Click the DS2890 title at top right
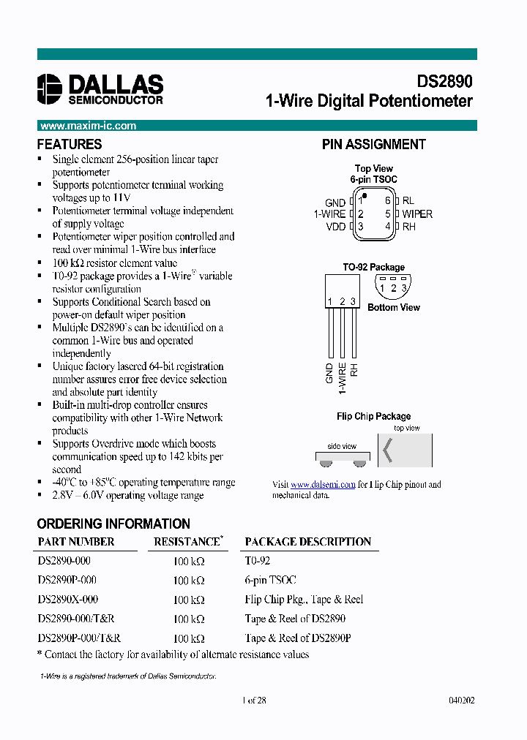445,82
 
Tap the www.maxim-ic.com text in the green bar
88,126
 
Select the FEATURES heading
70,144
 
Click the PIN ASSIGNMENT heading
373,144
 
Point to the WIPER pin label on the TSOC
417,214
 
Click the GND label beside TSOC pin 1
335,203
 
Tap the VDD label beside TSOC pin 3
336,227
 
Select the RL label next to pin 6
408,200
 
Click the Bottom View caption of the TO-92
394,308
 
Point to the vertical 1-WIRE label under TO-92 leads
342,376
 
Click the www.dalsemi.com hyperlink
323,484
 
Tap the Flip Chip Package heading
373,416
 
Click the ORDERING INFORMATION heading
113,524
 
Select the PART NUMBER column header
76,542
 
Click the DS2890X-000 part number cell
67,600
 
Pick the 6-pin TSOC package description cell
270,580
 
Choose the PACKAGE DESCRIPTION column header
307,542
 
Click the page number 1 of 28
253,700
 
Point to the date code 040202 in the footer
461,700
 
